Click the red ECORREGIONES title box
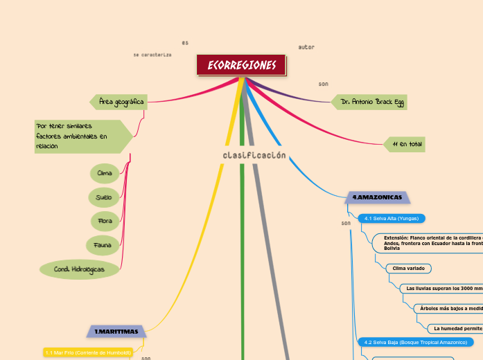pyautogui.click(x=241, y=65)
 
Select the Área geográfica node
pyautogui.click(x=121, y=102)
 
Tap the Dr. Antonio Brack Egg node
pyautogui.click(x=369, y=102)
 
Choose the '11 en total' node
pyautogui.click(x=406, y=144)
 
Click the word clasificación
pyautogui.click(x=254, y=155)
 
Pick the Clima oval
pyautogui.click(x=105, y=172)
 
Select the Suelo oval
pyautogui.click(x=105, y=197)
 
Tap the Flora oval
pyautogui.click(x=105, y=222)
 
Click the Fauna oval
pyautogui.click(x=104, y=245)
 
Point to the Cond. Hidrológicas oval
pyautogui.click(x=79, y=269)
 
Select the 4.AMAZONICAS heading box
pyautogui.click(x=377, y=197)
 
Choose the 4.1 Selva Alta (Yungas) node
pyautogui.click(x=391, y=219)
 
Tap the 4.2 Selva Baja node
pyautogui.click(x=414, y=342)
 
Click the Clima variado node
pyautogui.click(x=410, y=268)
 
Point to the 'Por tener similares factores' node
pyautogui.click(x=80, y=136)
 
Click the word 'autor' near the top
pyautogui.click(x=306, y=47)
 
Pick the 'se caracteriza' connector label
pyautogui.click(x=152, y=55)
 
